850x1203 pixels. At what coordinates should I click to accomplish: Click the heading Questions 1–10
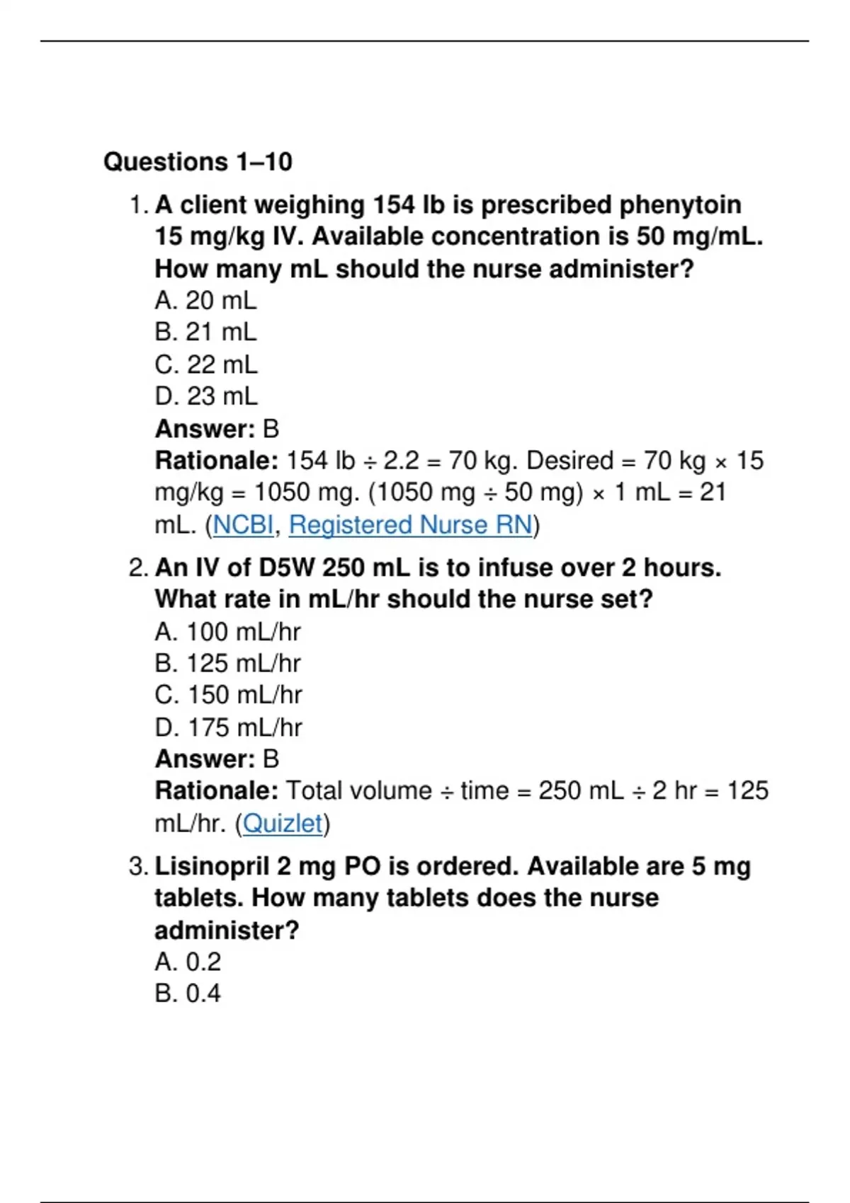[198, 162]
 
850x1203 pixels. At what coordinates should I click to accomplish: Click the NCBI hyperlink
[243, 525]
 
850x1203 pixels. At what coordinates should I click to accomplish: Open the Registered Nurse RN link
[410, 525]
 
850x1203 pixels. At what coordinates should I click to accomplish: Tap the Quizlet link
[283, 824]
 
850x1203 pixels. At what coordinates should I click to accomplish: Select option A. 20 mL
[205, 301]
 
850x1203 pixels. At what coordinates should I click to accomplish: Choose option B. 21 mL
[205, 333]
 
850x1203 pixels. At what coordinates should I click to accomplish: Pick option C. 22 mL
[205, 365]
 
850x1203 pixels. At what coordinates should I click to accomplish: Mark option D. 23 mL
[205, 396]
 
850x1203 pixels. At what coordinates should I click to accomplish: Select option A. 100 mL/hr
[227, 632]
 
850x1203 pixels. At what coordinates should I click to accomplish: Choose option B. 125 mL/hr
[227, 664]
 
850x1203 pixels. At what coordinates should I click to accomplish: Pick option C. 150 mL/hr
[228, 695]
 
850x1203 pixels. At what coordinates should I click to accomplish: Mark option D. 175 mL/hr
[228, 727]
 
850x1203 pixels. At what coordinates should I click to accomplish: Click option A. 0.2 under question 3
[188, 962]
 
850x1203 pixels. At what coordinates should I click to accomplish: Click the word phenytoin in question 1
[680, 205]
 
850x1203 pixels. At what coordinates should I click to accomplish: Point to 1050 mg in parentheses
[421, 493]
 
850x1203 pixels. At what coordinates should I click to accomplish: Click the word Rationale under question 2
[216, 791]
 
